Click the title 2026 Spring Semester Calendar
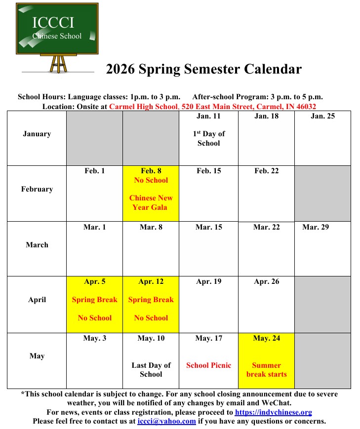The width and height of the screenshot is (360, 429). (x=203, y=69)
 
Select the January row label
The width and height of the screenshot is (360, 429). (x=37, y=134)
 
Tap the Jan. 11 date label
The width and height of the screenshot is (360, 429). (x=208, y=117)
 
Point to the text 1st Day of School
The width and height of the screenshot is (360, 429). (x=208, y=138)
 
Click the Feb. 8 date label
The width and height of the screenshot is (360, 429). (x=151, y=171)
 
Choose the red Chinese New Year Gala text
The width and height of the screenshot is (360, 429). (x=151, y=202)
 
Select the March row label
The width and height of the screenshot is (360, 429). (x=37, y=245)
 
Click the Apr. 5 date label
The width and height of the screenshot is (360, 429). (x=94, y=282)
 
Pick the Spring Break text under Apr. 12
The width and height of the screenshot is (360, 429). (x=151, y=300)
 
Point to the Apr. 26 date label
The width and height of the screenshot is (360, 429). (x=266, y=282)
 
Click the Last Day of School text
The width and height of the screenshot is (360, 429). (x=151, y=370)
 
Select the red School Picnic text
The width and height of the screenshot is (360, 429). (x=208, y=365)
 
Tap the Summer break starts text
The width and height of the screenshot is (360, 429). (x=266, y=370)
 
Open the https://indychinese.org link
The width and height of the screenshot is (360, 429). (x=273, y=412)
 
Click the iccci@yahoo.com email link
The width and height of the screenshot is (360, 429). (x=166, y=421)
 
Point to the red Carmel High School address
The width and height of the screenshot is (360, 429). (x=212, y=106)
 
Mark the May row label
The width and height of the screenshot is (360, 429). (x=37, y=356)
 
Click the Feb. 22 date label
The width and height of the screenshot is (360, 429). (x=266, y=171)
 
